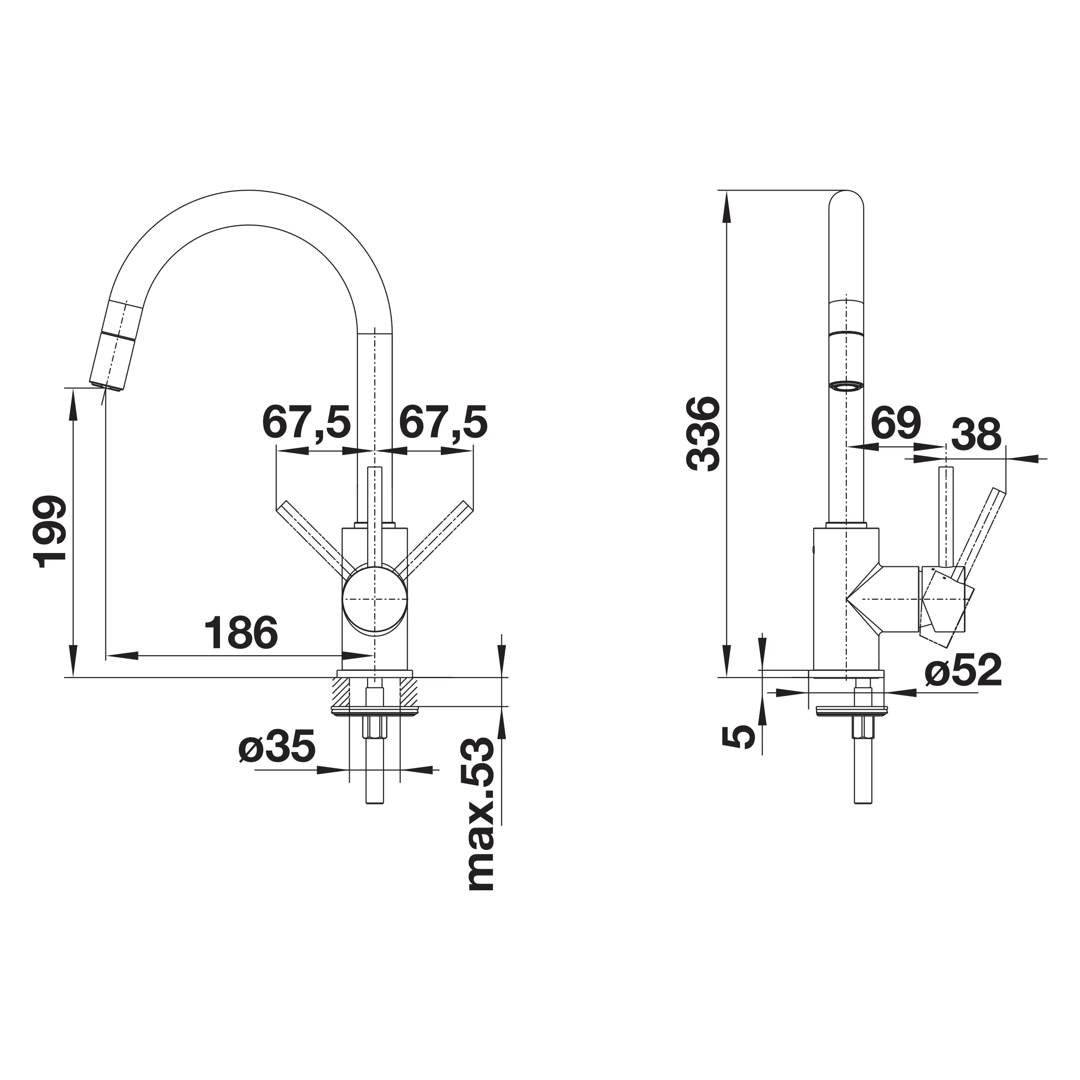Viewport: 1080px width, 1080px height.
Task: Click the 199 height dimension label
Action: pos(50,532)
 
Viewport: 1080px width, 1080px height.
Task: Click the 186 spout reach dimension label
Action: pos(241,633)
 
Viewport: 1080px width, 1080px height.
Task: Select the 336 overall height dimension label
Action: pos(703,434)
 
